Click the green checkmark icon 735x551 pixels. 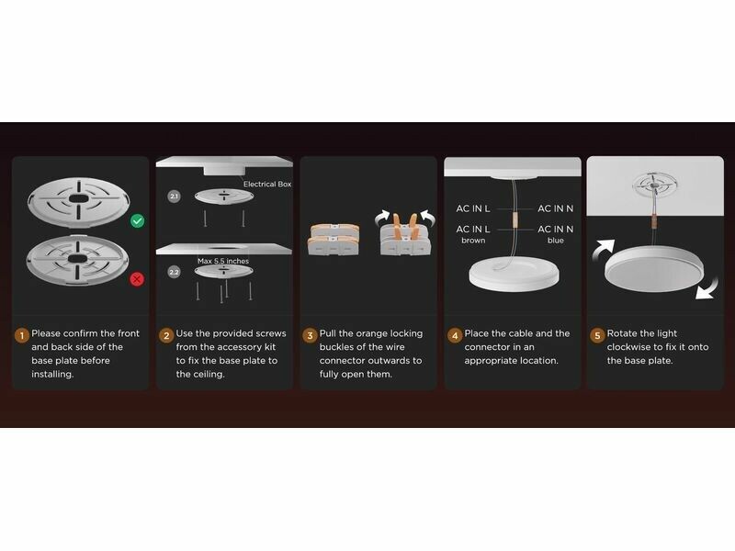137,220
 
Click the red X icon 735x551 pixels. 137,279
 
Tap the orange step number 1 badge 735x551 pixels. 21,335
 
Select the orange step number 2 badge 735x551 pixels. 166,335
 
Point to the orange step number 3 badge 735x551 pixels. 310,335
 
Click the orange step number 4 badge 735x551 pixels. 454,335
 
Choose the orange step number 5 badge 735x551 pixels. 596,335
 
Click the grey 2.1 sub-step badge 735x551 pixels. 174,197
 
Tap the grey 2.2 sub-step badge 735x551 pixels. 174,272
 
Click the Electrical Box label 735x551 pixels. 267,185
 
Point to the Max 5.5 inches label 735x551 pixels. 223,261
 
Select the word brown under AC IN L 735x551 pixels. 473,241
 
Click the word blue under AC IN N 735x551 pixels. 556,241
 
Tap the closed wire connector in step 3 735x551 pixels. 334,240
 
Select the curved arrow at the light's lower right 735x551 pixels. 707,287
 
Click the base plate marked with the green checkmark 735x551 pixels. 78,201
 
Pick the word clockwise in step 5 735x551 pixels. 629,347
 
